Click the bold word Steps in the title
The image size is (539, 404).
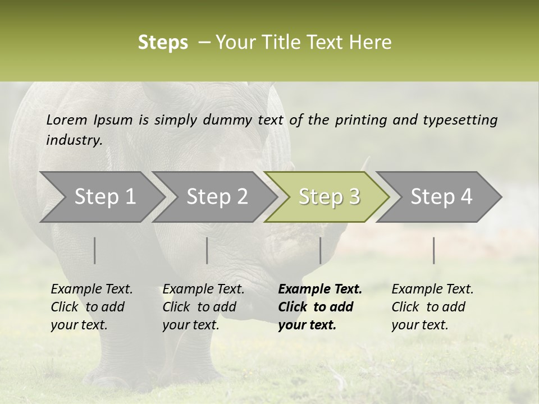coord(163,43)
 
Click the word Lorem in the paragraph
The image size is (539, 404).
coord(66,120)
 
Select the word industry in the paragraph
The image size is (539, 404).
coord(74,140)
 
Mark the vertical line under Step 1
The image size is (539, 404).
coord(95,250)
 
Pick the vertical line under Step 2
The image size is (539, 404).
coord(207,250)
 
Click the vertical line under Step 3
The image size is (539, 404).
coord(320,250)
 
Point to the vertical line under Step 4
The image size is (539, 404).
coord(433,250)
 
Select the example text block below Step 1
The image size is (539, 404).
coord(92,307)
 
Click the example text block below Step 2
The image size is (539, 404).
coord(203,307)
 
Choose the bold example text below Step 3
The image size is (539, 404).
coord(320,307)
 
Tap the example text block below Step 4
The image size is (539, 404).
coord(432,307)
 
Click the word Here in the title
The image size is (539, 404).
coord(371,43)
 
